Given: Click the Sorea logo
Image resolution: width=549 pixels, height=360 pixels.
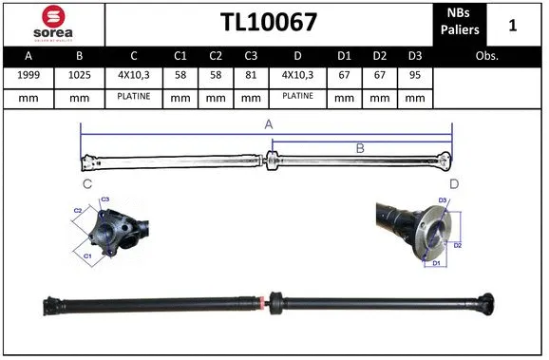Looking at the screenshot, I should (52, 23).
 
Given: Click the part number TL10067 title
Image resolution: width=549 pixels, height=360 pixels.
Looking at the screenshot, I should (269, 23).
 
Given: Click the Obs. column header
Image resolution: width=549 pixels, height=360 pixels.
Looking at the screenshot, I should (487, 56).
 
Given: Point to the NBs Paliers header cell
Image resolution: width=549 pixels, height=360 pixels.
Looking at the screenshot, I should (460, 23).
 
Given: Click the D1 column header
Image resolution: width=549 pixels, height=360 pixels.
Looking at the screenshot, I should (345, 56).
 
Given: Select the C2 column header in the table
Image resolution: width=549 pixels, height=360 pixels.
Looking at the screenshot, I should (216, 56).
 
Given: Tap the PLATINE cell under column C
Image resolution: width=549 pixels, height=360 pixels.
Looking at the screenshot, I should (134, 96).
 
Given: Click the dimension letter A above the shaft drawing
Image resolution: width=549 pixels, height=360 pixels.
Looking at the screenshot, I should (269, 124).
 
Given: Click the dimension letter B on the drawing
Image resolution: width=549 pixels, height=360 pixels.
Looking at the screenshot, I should (360, 147).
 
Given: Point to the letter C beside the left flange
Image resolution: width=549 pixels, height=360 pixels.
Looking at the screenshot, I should (86, 182).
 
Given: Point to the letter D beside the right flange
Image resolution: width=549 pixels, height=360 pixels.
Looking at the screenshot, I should (453, 182).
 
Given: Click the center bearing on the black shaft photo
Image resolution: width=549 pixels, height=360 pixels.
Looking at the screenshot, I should (276, 302).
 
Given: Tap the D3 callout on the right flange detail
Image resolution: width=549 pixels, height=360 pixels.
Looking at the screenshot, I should (442, 200).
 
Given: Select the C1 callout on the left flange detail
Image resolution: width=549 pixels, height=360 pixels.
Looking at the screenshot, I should (87, 256).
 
